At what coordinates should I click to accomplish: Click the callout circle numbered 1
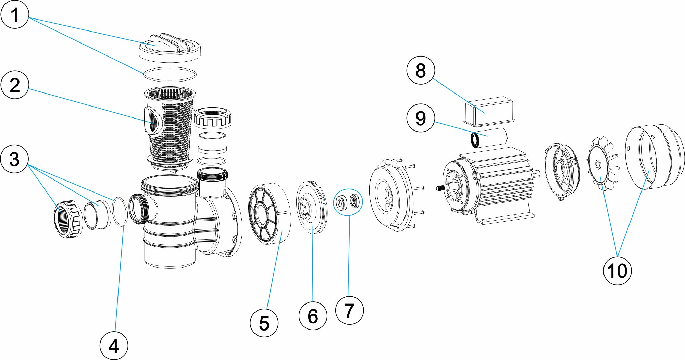[x=15, y=15]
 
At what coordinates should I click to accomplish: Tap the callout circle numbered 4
[x=114, y=346]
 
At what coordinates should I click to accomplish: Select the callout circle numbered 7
[x=349, y=310]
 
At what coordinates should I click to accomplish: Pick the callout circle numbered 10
[x=617, y=271]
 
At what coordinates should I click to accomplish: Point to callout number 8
[x=421, y=70]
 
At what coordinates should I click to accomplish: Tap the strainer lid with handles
[x=170, y=48]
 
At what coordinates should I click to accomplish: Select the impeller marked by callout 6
[x=311, y=207]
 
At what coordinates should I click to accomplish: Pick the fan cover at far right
[x=654, y=156]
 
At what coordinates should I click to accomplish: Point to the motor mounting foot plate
[x=507, y=218]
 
